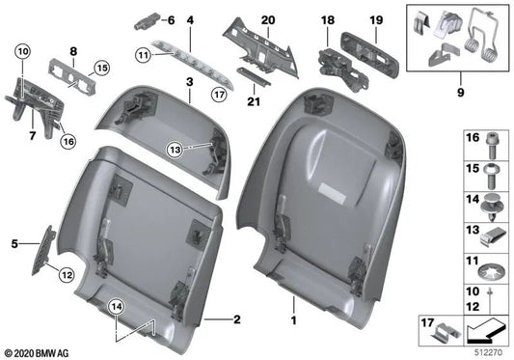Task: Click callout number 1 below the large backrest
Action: point(295,315)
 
